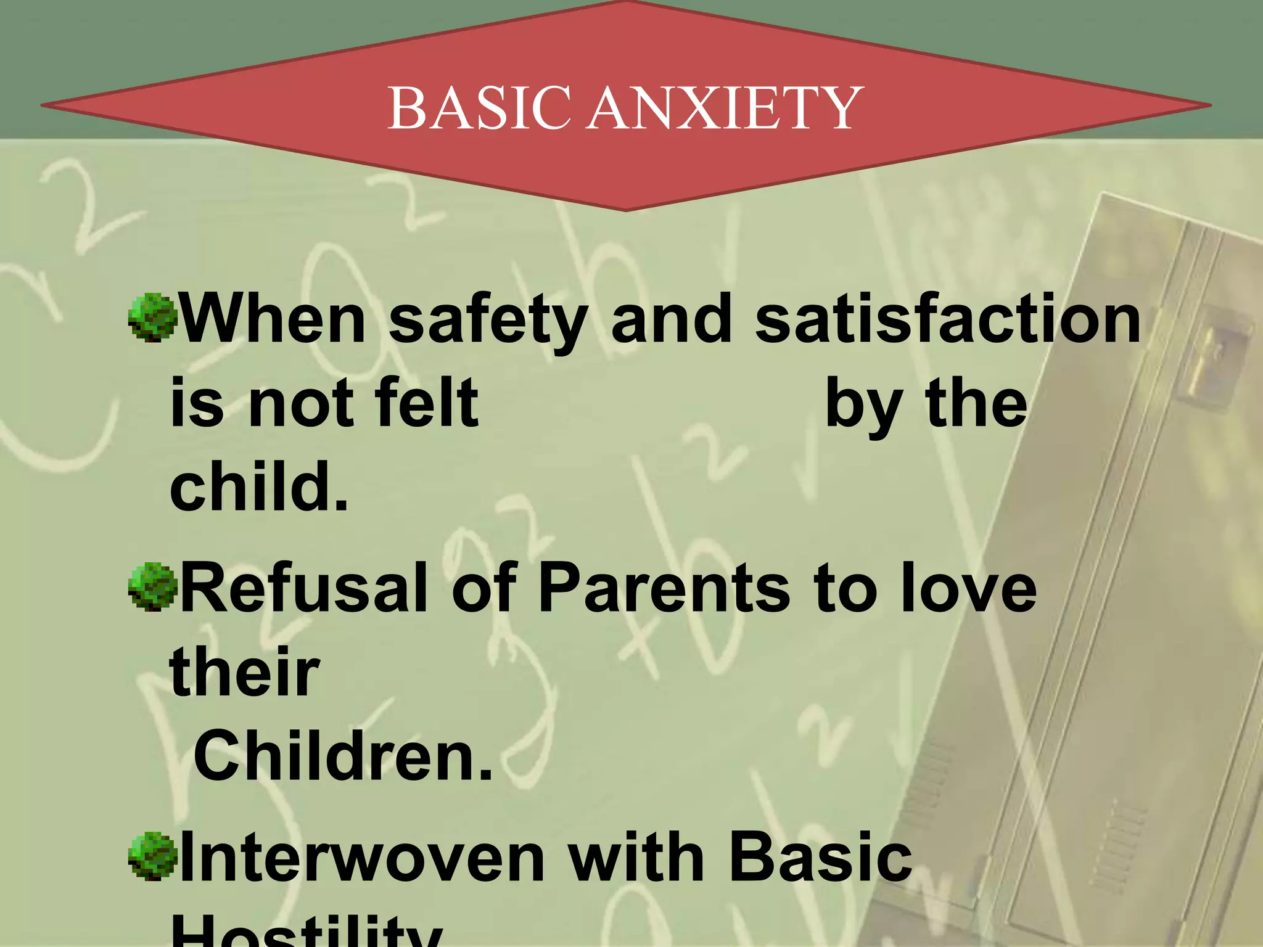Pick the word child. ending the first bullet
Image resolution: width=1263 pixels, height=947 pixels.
[x=259, y=486]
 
